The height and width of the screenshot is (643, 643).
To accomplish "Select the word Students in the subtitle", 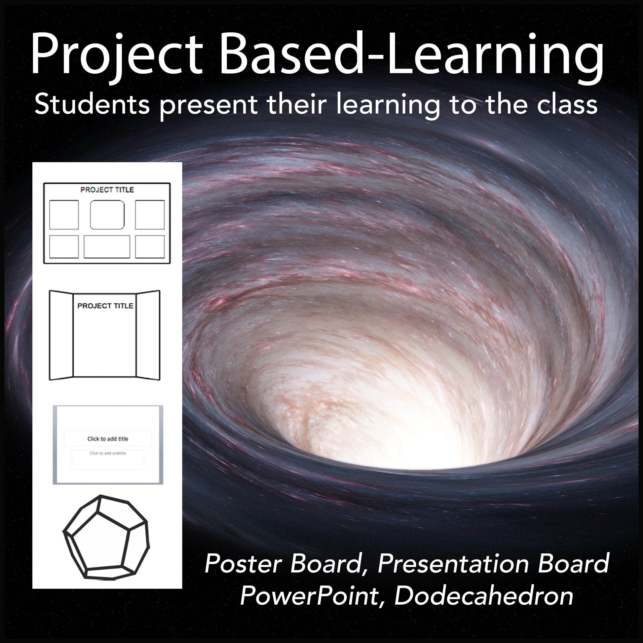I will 92,104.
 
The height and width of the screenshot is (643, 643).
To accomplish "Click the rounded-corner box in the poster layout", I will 107,215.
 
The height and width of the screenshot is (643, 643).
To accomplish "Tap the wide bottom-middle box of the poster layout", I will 107,246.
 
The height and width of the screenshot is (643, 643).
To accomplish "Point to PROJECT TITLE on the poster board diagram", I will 107,190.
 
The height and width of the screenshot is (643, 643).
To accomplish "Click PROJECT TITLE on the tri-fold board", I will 105,306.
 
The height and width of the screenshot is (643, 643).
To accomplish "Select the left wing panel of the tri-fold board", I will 61,335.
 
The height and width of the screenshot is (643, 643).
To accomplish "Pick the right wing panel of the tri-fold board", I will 148,335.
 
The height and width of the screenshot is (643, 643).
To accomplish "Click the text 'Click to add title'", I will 108,439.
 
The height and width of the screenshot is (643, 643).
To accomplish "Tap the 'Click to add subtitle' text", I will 108,453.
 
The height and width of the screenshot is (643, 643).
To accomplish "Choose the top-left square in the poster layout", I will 64,215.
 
